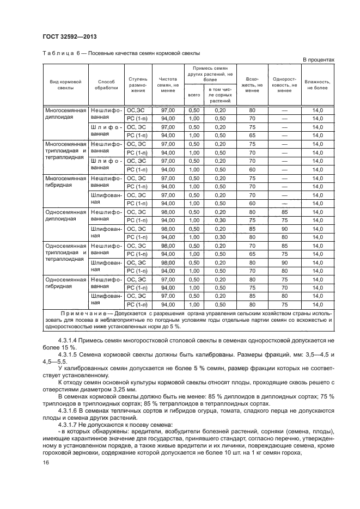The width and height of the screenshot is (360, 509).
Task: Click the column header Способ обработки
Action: coord(106,84)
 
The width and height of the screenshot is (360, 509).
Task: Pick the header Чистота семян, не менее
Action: coord(168,84)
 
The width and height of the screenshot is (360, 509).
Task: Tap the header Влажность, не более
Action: coord(317,84)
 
